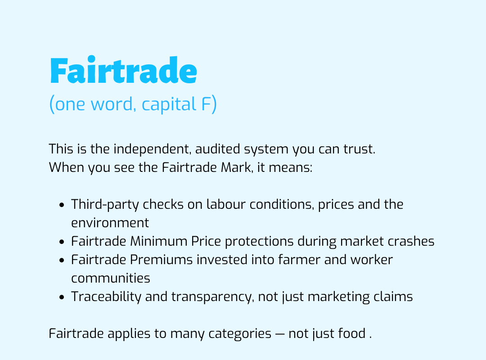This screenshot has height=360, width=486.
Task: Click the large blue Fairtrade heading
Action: point(123,70)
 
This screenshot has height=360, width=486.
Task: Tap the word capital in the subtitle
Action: point(169,104)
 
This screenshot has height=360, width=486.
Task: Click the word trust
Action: point(359,149)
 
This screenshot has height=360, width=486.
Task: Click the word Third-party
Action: point(105,205)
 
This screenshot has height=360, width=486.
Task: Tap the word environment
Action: point(110,223)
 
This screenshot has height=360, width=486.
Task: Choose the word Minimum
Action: point(158,241)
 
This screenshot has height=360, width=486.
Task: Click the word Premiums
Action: point(161,260)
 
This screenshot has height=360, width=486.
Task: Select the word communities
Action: point(111,278)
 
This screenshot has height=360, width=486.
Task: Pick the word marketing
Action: point(339,297)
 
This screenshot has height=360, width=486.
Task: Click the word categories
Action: point(240,334)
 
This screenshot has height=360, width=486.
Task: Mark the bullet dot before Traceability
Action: point(61,297)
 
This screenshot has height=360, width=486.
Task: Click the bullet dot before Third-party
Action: point(61,205)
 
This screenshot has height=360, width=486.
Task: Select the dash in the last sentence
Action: point(280,334)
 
